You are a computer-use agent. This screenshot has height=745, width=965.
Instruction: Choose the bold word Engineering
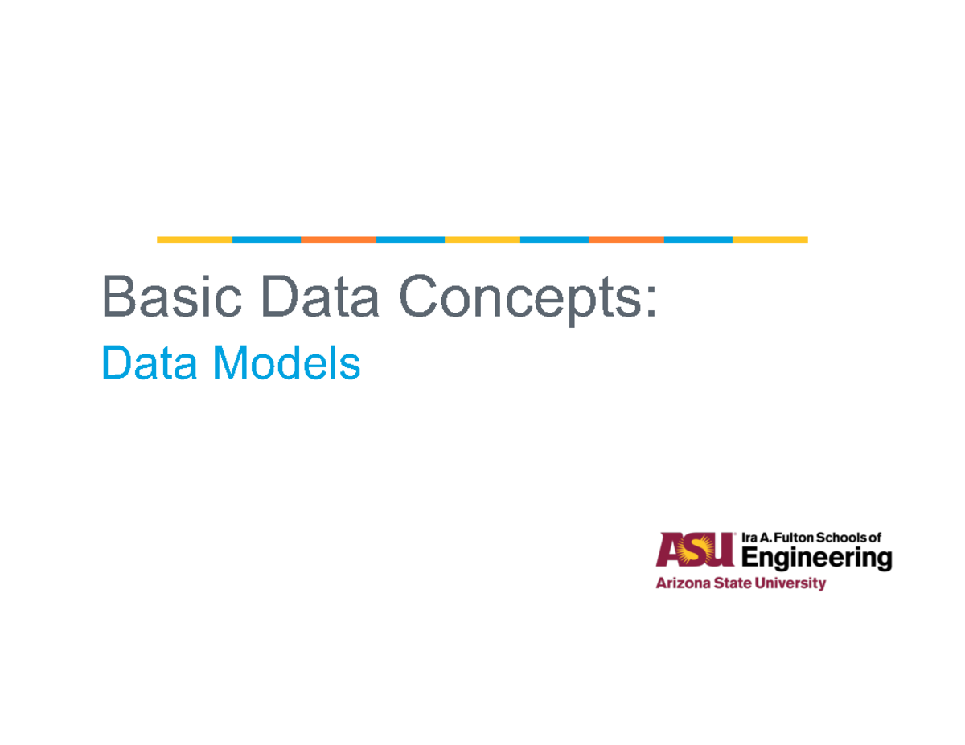point(815,558)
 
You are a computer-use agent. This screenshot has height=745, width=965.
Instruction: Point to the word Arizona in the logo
point(680,584)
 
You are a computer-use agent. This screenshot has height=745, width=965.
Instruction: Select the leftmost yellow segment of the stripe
point(195,239)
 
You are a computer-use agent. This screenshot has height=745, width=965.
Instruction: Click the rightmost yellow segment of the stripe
point(770,239)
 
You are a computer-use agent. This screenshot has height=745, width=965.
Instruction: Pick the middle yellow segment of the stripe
point(482,239)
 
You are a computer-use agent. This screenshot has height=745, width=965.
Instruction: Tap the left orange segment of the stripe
point(338,239)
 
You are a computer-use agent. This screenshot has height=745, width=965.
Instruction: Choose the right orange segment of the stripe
point(626,239)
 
